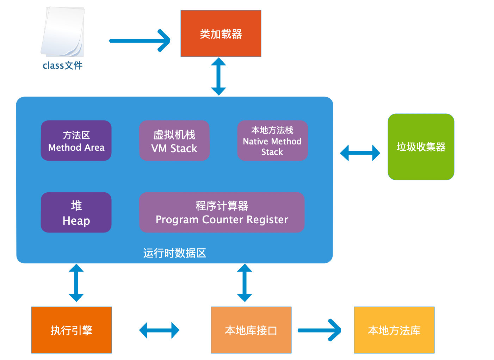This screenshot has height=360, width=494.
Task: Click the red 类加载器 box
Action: [x=221, y=33]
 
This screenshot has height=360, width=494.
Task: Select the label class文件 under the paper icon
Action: [x=62, y=66]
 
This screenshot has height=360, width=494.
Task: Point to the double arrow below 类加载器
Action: [x=218, y=76]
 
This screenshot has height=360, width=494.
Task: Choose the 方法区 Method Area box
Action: [x=76, y=141]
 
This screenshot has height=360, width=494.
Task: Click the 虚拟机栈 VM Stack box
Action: [x=174, y=141]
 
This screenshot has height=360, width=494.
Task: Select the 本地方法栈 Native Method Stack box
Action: [x=272, y=141]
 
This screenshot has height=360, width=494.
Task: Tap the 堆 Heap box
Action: [x=76, y=212]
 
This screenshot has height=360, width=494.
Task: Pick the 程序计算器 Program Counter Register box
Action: [x=222, y=212]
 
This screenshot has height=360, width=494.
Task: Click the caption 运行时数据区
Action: [x=174, y=253]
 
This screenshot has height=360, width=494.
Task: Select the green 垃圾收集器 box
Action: [x=421, y=147]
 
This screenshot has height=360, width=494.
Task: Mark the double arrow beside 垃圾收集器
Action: [x=360, y=153]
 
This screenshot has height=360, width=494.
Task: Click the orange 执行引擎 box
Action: [x=72, y=330]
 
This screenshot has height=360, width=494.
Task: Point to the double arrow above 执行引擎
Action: [x=76, y=283]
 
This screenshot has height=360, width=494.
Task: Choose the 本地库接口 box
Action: [x=251, y=330]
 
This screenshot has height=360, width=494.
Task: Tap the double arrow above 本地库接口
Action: [x=245, y=283]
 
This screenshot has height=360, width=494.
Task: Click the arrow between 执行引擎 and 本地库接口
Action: [x=159, y=330]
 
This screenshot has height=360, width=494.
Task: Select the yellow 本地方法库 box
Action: [x=394, y=330]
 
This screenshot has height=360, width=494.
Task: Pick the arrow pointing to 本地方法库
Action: [x=319, y=330]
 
